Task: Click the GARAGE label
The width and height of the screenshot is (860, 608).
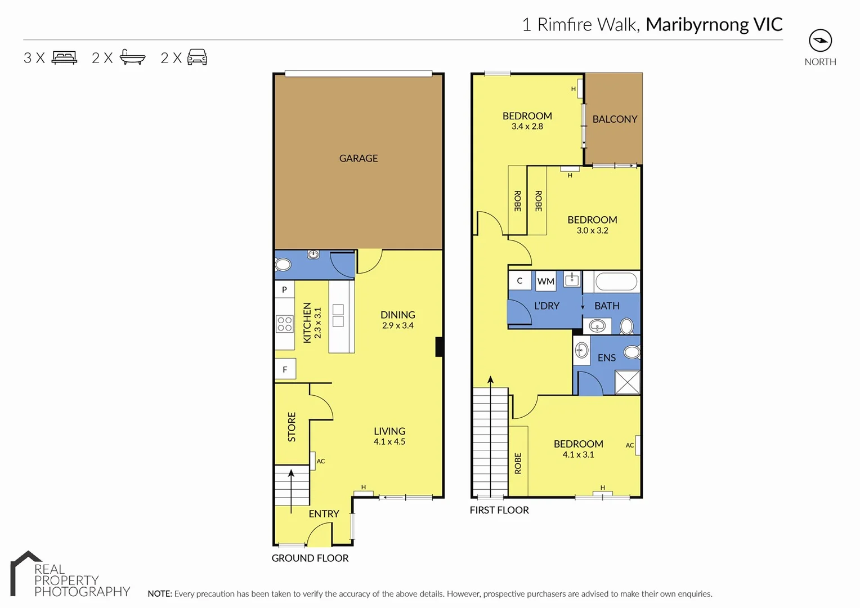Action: (359, 159)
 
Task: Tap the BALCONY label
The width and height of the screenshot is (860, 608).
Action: (615, 119)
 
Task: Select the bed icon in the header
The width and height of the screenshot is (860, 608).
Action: (64, 57)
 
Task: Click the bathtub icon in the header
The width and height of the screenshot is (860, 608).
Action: (132, 57)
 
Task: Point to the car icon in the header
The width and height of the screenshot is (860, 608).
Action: (197, 57)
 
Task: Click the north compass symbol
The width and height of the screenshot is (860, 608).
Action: (820, 41)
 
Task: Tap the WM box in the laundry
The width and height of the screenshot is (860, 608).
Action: (545, 281)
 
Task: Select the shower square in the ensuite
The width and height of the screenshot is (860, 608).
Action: (627, 382)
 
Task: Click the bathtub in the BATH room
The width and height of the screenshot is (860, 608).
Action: (616, 281)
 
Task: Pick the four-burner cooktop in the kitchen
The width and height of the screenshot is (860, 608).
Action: (285, 324)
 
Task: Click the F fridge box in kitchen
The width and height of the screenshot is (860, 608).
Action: (285, 369)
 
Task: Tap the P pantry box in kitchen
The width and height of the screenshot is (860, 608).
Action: (285, 289)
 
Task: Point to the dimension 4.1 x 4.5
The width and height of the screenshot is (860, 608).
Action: (389, 442)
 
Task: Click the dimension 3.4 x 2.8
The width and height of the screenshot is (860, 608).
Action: (527, 127)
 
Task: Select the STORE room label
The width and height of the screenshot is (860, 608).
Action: (292, 427)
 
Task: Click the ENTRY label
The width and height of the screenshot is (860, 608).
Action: (324, 514)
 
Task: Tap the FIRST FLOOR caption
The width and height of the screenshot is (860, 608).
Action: (499, 510)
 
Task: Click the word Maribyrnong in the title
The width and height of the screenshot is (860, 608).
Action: (697, 25)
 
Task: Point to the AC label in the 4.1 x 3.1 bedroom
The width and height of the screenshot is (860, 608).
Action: (630, 445)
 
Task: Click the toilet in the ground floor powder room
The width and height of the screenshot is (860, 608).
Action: (283, 265)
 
